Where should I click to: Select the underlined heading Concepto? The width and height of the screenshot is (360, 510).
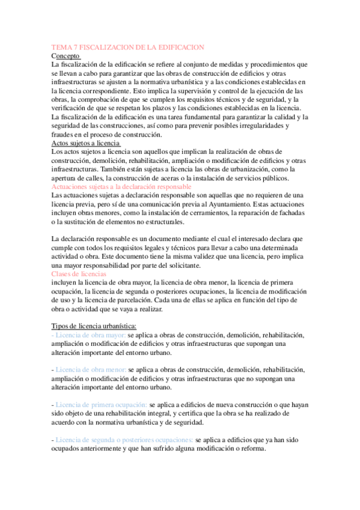(67, 55)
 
